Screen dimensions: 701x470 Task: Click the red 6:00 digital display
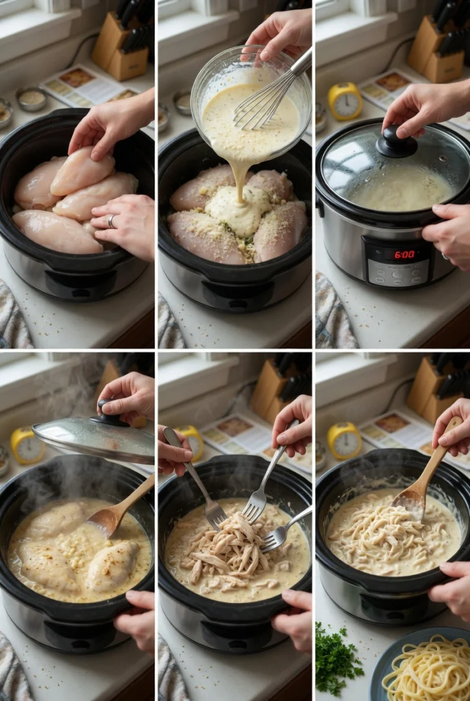[404, 255]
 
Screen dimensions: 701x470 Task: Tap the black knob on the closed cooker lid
[396, 142]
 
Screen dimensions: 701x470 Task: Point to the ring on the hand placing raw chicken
[112, 221]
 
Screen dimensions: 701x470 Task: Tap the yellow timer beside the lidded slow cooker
[345, 101]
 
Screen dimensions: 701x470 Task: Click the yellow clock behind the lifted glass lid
[26, 445]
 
